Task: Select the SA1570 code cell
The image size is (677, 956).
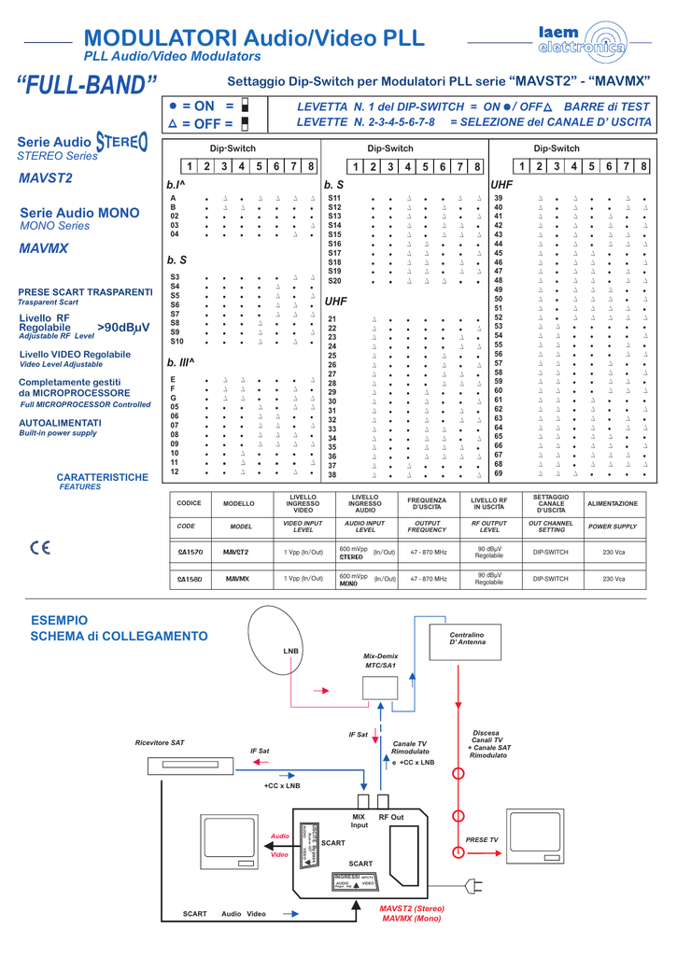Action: pyautogui.click(x=190, y=552)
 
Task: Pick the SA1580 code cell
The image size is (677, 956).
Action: pyautogui.click(x=190, y=580)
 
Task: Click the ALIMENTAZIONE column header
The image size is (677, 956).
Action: pyautogui.click(x=613, y=504)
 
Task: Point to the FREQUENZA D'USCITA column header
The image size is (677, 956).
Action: pyautogui.click(x=428, y=504)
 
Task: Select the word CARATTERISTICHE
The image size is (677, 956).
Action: pyautogui.click(x=103, y=477)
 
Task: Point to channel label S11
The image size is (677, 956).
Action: pyautogui.click(x=334, y=198)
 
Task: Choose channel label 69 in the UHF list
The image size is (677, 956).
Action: pyautogui.click(x=499, y=473)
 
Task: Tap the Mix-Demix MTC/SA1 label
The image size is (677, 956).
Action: pyautogui.click(x=380, y=661)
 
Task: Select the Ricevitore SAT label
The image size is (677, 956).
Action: pyautogui.click(x=160, y=742)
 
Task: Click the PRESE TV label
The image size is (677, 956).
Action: pyautogui.click(x=482, y=840)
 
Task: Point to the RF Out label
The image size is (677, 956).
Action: pyautogui.click(x=391, y=818)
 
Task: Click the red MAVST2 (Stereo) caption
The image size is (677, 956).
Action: pyautogui.click(x=412, y=908)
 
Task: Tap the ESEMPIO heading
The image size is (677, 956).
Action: pyautogui.click(x=59, y=620)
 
